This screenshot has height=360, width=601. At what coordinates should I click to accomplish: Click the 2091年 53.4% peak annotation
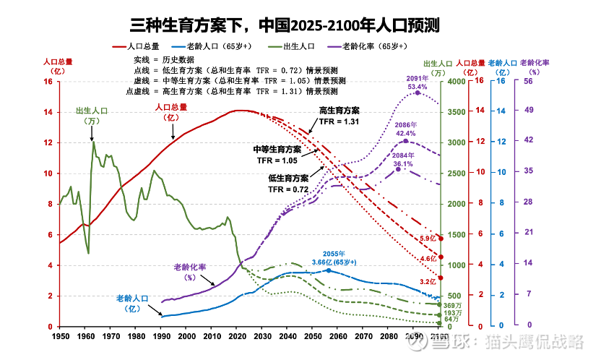pyautogui.click(x=417, y=82)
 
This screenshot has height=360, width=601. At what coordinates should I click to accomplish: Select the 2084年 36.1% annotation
pyautogui.click(x=402, y=160)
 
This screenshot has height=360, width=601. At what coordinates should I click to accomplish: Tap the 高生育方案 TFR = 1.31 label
pyautogui.click(x=339, y=116)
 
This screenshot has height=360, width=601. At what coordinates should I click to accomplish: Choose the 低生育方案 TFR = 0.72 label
pyautogui.click(x=288, y=183)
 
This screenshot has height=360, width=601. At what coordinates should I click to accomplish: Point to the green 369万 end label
pyautogui.click(x=452, y=306)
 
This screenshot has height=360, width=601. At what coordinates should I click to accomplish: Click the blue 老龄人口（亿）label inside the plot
pyautogui.click(x=132, y=303)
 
